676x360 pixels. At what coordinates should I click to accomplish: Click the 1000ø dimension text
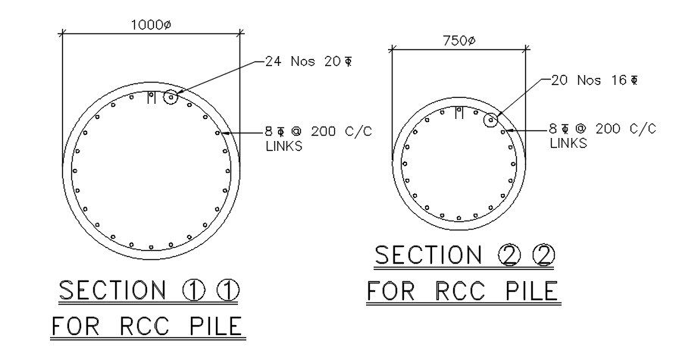(151, 25)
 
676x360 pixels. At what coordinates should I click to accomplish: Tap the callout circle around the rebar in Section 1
(171, 97)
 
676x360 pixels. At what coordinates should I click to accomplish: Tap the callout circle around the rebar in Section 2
(492, 119)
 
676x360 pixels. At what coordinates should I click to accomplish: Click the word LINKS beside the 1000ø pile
(283, 146)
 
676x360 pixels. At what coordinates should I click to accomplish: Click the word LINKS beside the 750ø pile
(568, 142)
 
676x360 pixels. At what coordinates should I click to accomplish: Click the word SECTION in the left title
(112, 290)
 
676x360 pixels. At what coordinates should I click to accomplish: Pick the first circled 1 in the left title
(195, 290)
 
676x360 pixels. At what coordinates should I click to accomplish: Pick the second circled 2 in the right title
(542, 256)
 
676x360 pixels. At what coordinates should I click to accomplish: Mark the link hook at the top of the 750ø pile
(458, 114)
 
